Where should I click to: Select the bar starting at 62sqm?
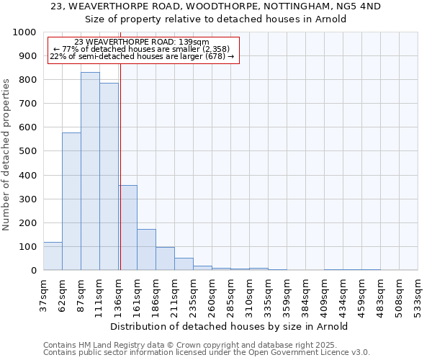pos(71,202)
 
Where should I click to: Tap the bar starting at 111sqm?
pos(109,176)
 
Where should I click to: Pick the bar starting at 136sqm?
pos(128,228)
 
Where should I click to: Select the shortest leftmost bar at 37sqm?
pos(53,256)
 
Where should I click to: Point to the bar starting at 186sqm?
pos(165,258)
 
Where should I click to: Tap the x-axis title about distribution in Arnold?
pos(230,326)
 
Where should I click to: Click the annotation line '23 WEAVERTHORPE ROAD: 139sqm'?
pos(142,42)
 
